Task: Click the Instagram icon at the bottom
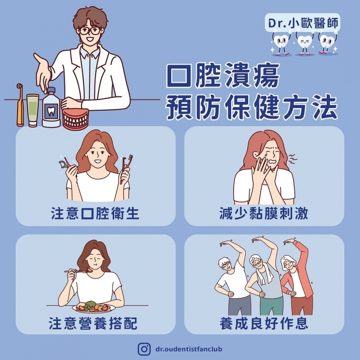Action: (x=144, y=349)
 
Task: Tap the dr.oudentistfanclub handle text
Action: (x=189, y=349)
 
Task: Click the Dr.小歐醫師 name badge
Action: (x=302, y=23)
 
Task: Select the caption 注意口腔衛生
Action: (x=95, y=213)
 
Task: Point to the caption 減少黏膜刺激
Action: (x=264, y=213)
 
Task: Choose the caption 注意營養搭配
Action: (x=93, y=324)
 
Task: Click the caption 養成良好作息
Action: (x=264, y=324)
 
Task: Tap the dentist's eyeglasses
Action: (x=90, y=31)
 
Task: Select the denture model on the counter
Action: (x=76, y=119)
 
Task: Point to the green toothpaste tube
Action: (x=32, y=110)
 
